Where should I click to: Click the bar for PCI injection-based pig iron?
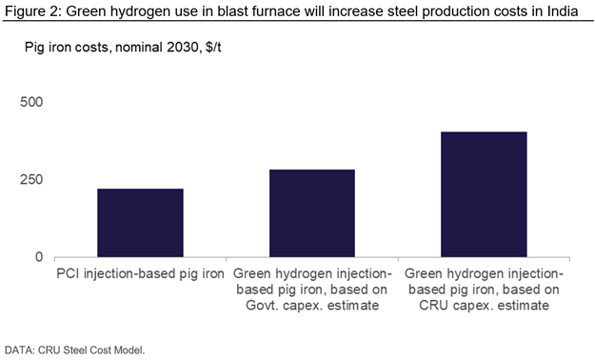pyautogui.click(x=140, y=223)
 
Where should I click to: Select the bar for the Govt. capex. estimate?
pyautogui.click(x=312, y=213)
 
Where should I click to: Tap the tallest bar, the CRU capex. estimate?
pyautogui.click(x=484, y=194)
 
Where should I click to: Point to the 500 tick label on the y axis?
pyautogui.click(x=31, y=102)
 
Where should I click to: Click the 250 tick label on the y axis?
pyautogui.click(x=31, y=180)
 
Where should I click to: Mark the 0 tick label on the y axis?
pyautogui.click(x=39, y=257)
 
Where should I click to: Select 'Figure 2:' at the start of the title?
pyautogui.click(x=33, y=11)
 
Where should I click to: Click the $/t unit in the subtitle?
pyautogui.click(x=213, y=47)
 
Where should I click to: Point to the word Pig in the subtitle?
pyautogui.click(x=34, y=48)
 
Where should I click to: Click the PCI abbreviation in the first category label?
pyautogui.click(x=69, y=273)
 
